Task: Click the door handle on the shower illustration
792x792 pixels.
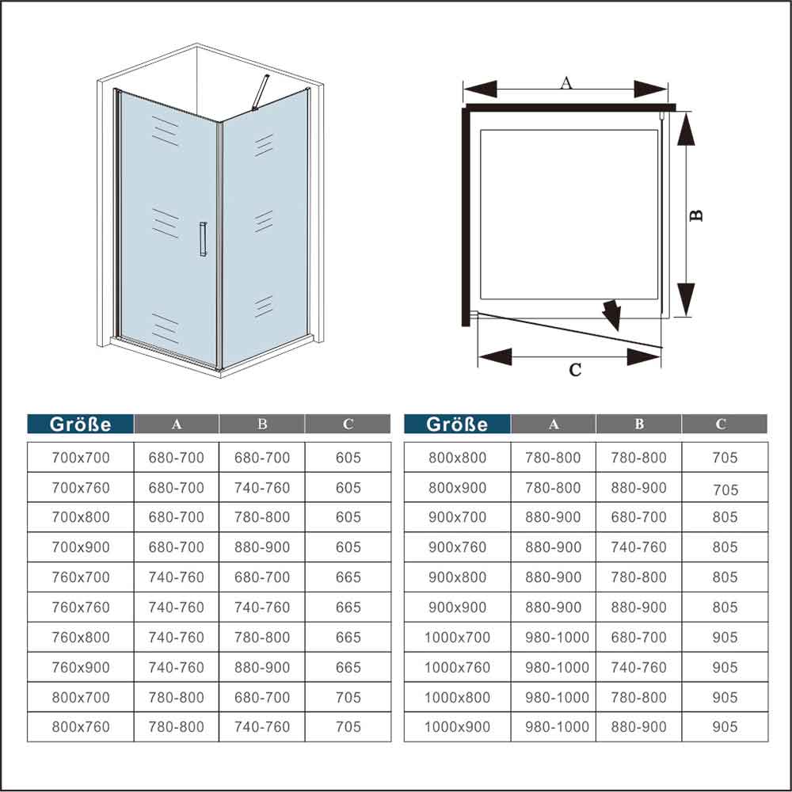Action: pyautogui.click(x=203, y=239)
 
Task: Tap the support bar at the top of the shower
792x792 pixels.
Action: pyautogui.click(x=261, y=92)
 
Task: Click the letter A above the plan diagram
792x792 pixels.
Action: pyautogui.click(x=566, y=82)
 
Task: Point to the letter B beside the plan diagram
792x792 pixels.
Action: pyautogui.click(x=696, y=215)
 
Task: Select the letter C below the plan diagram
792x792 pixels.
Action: pyautogui.click(x=575, y=370)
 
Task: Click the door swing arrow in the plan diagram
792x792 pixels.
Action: pyautogui.click(x=612, y=315)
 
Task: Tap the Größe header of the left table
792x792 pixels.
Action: pyautogui.click(x=80, y=424)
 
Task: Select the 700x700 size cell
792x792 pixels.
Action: pyautogui.click(x=80, y=458)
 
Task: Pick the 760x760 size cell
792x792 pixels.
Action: pyautogui.click(x=80, y=607)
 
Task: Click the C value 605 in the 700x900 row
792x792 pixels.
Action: pyautogui.click(x=348, y=547)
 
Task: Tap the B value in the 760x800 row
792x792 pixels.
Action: pyautogui.click(x=261, y=637)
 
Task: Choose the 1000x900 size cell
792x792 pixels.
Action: pyautogui.click(x=457, y=727)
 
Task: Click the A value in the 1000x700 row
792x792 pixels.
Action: pyautogui.click(x=557, y=637)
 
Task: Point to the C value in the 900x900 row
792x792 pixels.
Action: pyautogui.click(x=725, y=607)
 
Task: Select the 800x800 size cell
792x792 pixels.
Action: pyautogui.click(x=457, y=458)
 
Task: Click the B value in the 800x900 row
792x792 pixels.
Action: pyautogui.click(x=638, y=487)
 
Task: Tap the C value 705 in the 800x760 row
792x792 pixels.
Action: pyautogui.click(x=348, y=727)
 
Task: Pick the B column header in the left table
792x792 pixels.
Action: pyautogui.click(x=261, y=424)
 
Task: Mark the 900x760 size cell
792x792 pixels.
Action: pyautogui.click(x=457, y=547)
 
